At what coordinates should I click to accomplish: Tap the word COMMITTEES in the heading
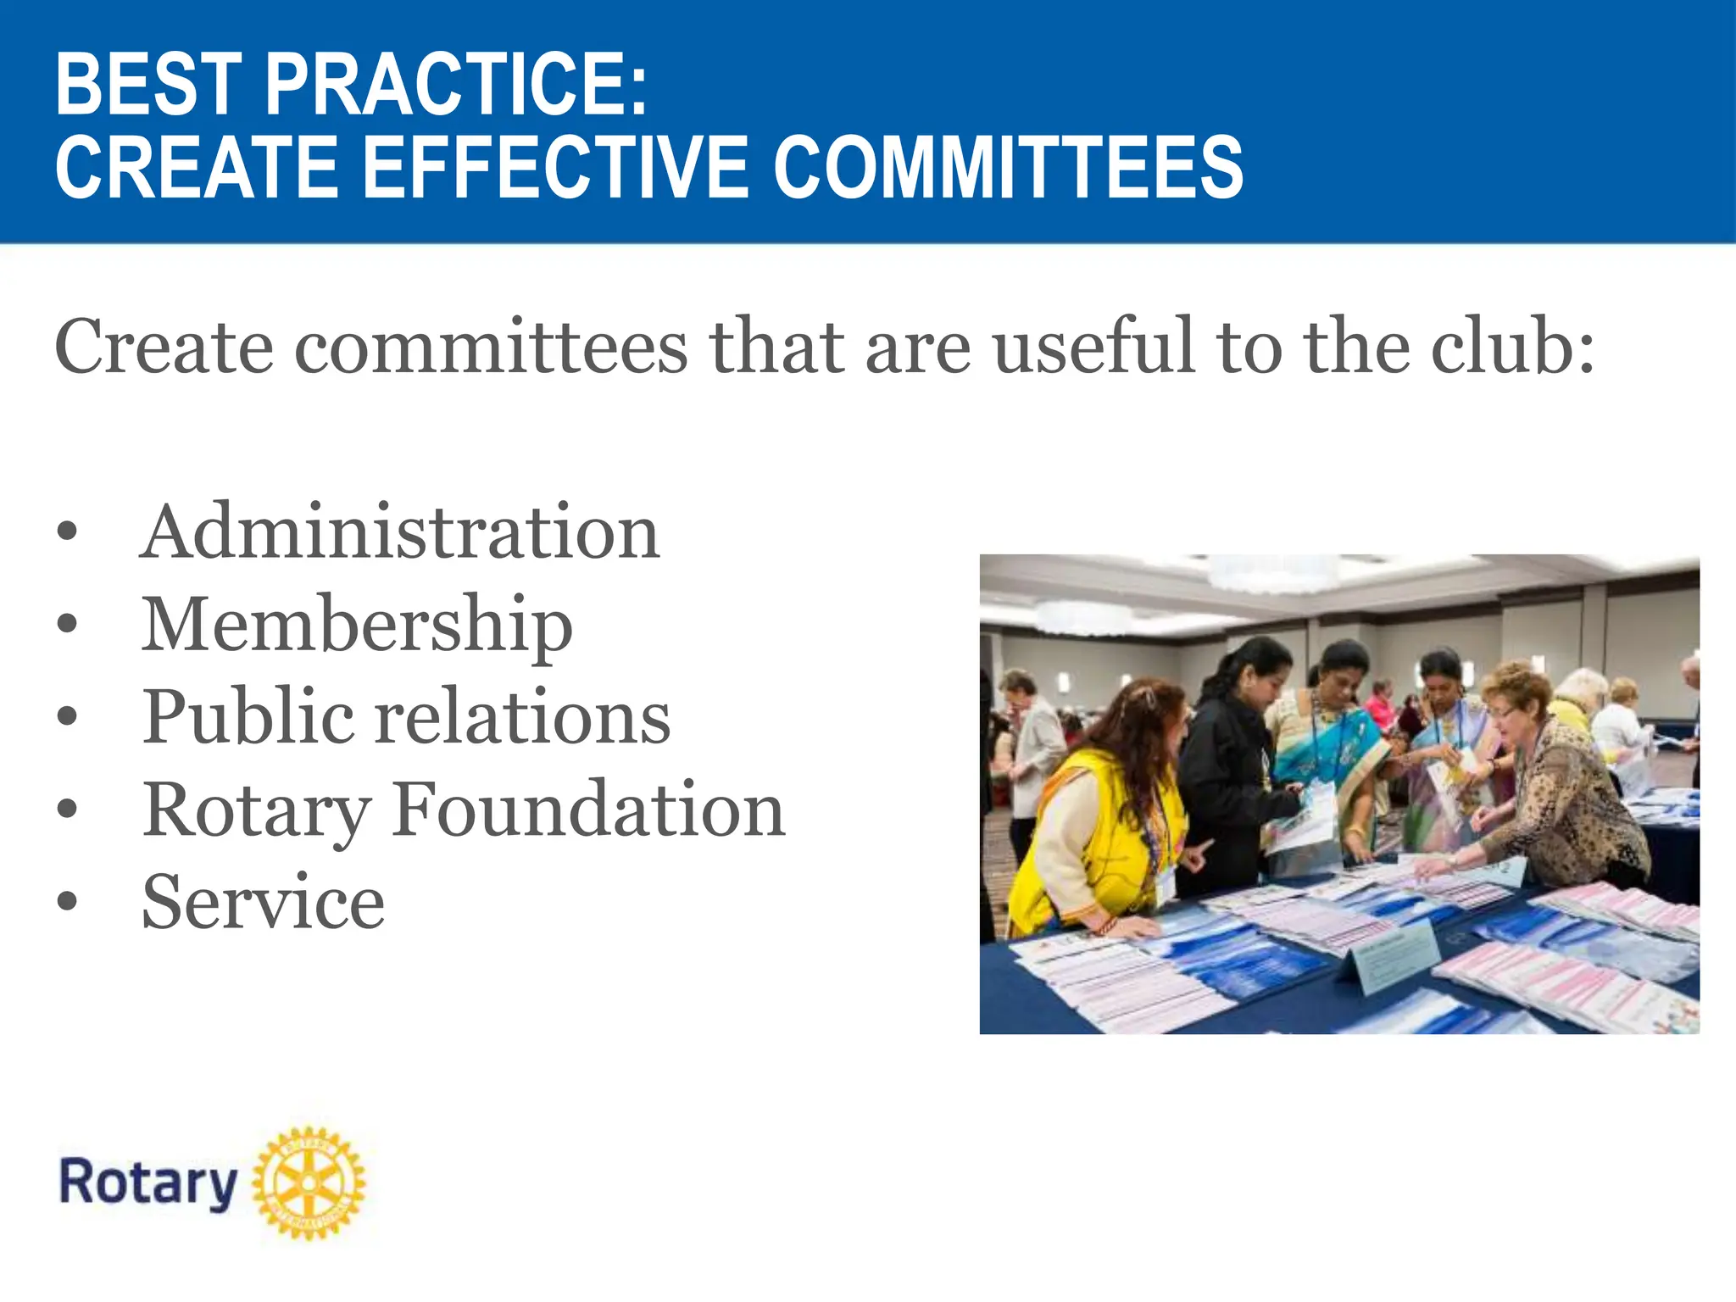pos(1008,167)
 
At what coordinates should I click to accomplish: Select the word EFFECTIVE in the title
pos(556,167)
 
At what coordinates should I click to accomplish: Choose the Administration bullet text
pos(399,532)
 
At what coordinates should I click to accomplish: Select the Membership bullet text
pos(357,626)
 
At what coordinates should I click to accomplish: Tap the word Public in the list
pos(248,718)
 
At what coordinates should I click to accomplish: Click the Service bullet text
pos(263,903)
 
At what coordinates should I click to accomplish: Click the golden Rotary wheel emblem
pos(309,1182)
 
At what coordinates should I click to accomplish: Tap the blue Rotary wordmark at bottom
pos(148,1183)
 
